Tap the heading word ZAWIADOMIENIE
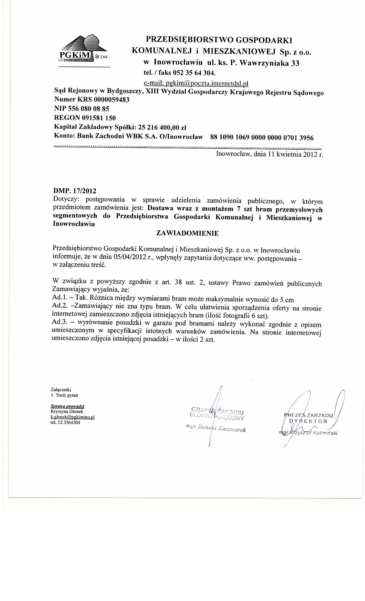point(187,233)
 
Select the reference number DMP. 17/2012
point(75,191)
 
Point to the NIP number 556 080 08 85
point(91,109)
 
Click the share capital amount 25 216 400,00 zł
point(162,127)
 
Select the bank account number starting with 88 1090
point(262,138)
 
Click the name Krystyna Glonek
point(62,411)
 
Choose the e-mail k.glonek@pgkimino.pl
point(72,417)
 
